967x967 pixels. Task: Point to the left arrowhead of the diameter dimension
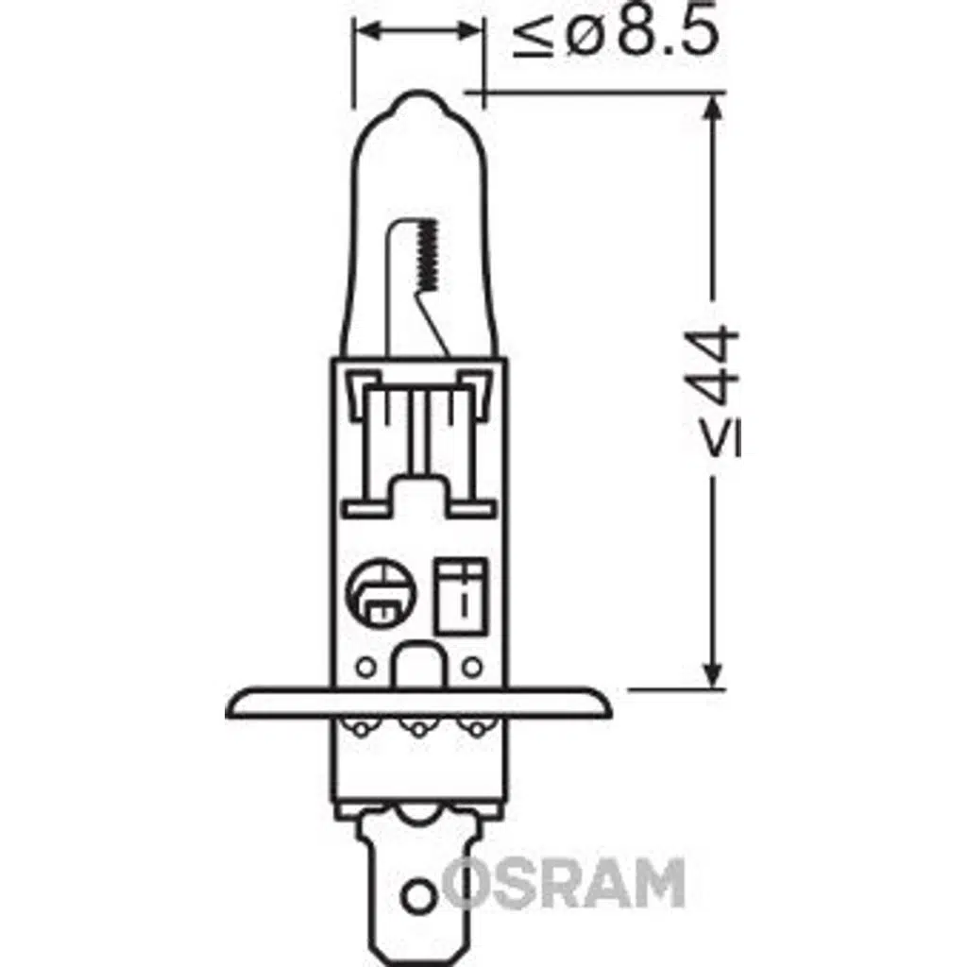(365, 31)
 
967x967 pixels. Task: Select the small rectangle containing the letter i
(462, 595)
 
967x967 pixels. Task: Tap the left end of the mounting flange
(232, 704)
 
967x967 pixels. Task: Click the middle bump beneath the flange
(416, 726)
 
